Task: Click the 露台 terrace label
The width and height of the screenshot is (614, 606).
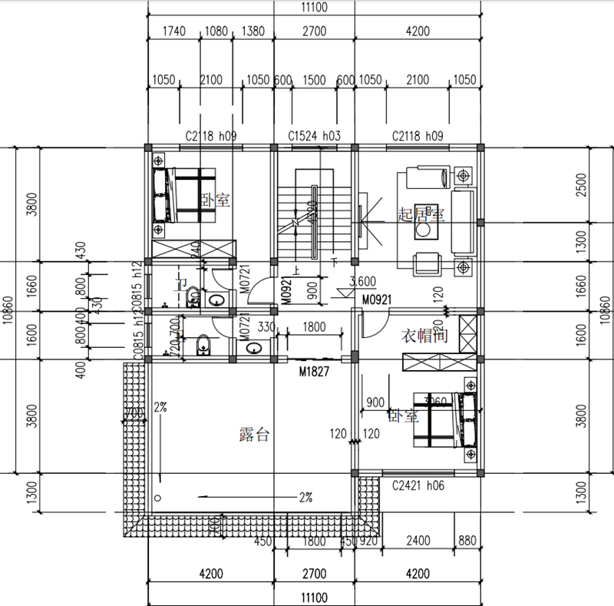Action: [253, 435]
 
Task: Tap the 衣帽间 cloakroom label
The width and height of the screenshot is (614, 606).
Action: [425, 336]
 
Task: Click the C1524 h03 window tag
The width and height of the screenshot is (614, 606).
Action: [314, 136]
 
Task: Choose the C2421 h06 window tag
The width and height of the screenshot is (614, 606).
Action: [418, 485]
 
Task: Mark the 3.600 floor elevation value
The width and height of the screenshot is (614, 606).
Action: [362, 281]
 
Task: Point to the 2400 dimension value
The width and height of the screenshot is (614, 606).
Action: [418, 540]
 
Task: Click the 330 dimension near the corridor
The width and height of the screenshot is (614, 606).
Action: [266, 326]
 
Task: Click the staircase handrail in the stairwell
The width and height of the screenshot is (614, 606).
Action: [313, 223]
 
